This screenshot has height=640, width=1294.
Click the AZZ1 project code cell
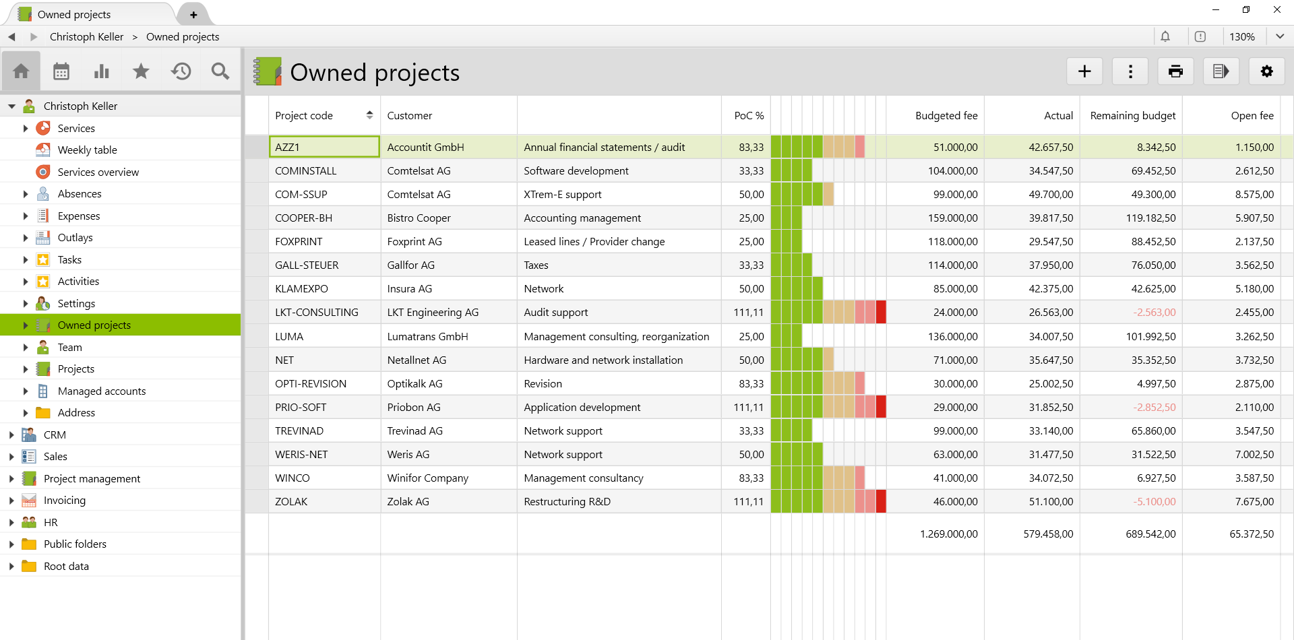point(323,147)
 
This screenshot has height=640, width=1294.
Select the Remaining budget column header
point(1132,116)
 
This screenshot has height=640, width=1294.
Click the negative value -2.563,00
point(1154,313)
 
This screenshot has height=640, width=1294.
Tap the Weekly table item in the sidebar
point(87,150)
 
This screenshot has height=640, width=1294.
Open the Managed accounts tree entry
point(101,391)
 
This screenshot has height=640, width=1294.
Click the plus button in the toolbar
point(1084,71)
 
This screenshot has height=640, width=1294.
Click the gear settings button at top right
point(1266,71)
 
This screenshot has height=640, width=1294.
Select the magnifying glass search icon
point(220,71)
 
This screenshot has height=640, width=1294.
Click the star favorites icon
point(141,71)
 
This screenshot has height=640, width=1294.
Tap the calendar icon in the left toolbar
point(61,71)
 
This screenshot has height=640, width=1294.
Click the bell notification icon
point(1165,36)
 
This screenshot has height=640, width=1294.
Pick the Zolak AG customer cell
point(408,502)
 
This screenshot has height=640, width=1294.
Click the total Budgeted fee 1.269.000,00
point(948,534)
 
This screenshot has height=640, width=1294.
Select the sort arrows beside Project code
point(369,115)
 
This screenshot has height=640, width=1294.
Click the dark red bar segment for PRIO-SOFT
point(881,407)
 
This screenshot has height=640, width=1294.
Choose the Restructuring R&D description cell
point(567,502)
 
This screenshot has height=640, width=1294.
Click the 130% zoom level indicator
point(1241,36)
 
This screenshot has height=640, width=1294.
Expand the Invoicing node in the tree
point(11,501)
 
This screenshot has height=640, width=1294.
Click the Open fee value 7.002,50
point(1254,455)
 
